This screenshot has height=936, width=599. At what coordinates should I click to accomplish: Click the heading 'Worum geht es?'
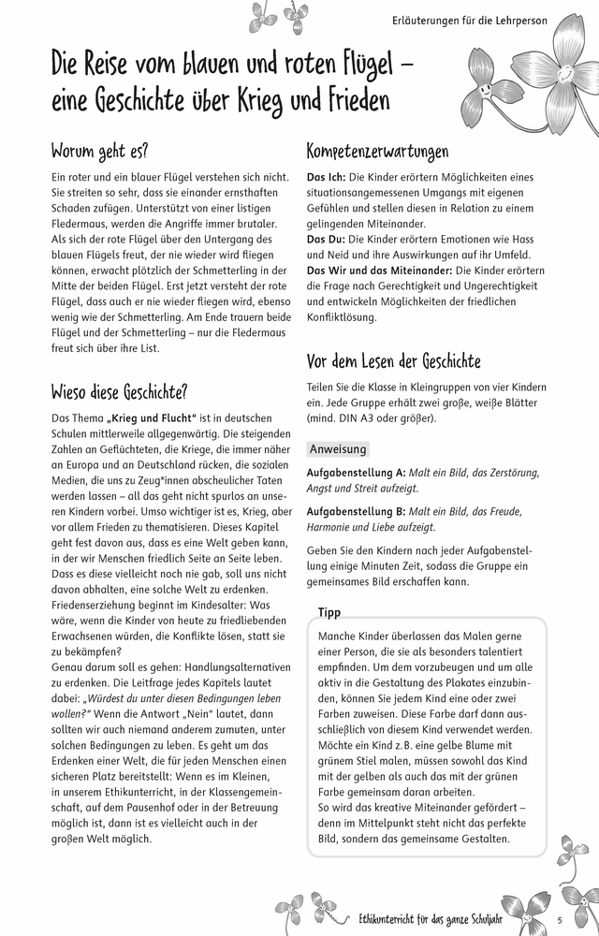pyautogui.click(x=99, y=151)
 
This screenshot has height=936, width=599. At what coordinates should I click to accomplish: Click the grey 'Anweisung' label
pyautogui.click(x=338, y=449)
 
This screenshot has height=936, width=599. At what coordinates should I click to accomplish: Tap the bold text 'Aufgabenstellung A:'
pyautogui.click(x=356, y=473)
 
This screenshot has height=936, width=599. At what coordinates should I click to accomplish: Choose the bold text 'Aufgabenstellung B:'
pyautogui.click(x=356, y=512)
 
